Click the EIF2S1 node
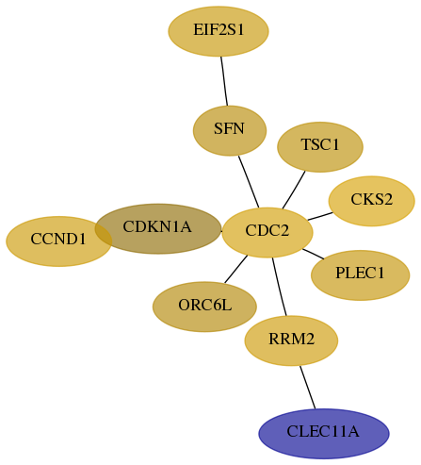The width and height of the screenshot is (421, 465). [219, 31]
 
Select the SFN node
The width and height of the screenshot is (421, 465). [230, 131]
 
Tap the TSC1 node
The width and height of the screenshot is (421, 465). [320, 147]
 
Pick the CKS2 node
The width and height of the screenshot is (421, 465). [372, 201]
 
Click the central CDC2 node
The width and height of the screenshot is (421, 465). [267, 233]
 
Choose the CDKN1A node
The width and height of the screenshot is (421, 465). [158, 229]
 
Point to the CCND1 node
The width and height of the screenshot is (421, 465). [59, 241]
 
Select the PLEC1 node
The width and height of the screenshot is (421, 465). [361, 275]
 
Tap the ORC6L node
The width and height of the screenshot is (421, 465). [204, 307]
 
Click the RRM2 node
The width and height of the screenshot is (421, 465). [291, 340]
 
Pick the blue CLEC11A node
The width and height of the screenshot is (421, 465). [324, 434]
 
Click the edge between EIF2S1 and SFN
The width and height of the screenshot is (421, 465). [224, 81]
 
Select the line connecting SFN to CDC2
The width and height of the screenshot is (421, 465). [249, 182]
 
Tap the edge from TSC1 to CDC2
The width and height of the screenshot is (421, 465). [294, 190]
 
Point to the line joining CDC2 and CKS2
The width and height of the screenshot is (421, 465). [320, 216]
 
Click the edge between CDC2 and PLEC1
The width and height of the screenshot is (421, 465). [314, 254]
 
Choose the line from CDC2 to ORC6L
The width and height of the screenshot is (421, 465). [236, 269]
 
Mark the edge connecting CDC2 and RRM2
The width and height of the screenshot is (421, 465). [280, 287]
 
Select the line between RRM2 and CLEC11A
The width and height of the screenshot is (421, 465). [307, 388]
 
